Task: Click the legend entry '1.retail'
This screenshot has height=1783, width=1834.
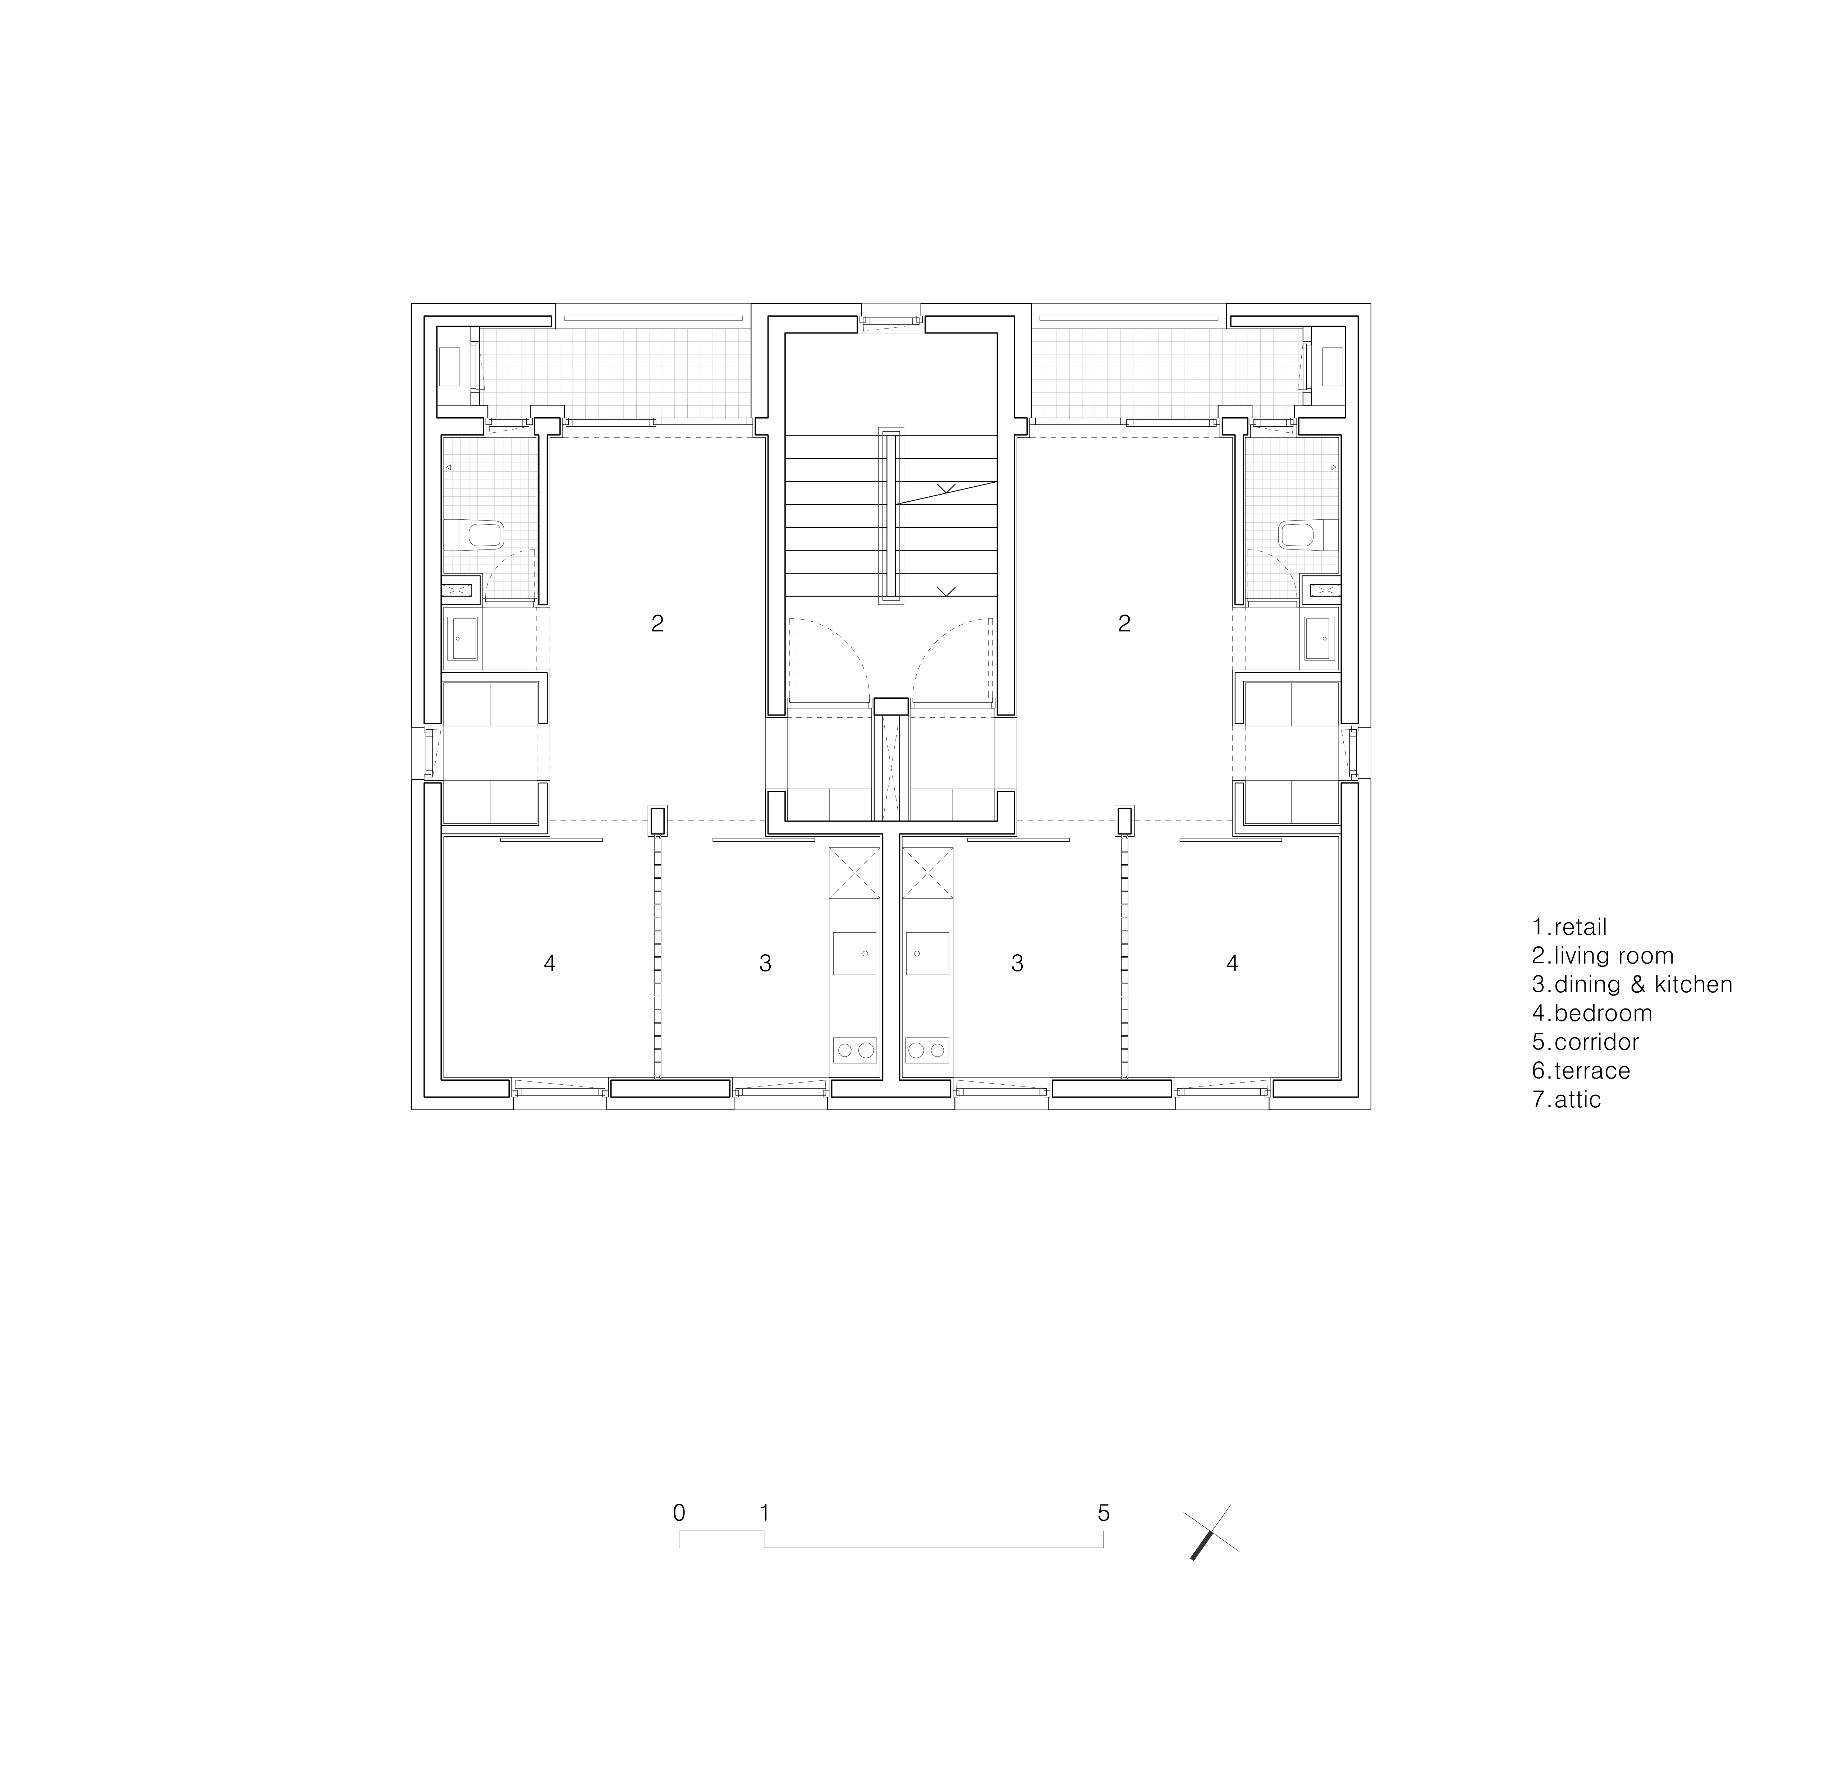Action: (1569, 927)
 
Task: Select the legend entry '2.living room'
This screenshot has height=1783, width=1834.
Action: (1602, 956)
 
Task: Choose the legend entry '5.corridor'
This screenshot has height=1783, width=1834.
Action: (1585, 1042)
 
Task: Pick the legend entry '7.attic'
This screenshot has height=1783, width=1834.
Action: (1566, 1099)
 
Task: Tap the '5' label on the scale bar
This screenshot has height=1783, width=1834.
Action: (1104, 1512)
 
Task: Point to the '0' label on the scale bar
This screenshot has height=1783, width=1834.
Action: (679, 1512)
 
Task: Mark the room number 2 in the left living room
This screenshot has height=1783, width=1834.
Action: (657, 624)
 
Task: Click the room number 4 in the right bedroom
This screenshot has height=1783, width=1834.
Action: (1233, 963)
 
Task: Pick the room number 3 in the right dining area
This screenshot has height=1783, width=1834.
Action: (1017, 963)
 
